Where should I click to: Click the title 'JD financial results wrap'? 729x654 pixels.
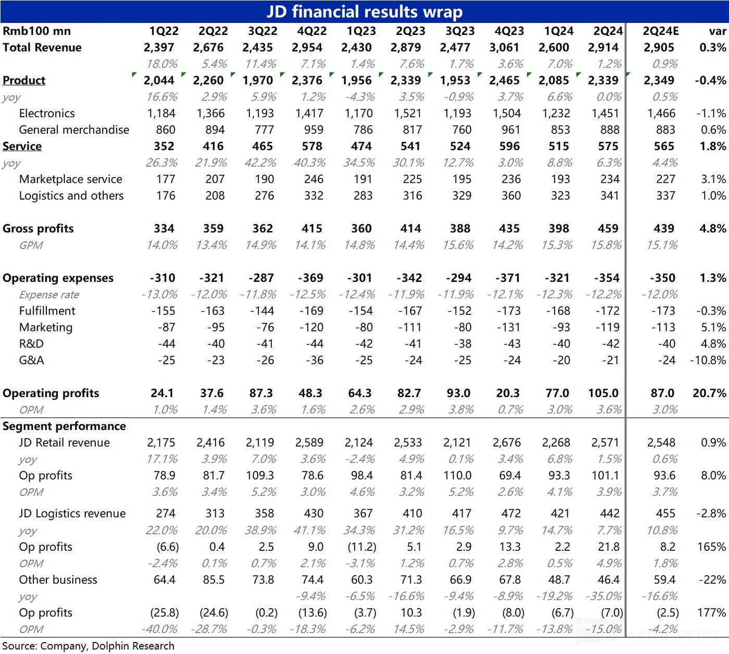point(364,11)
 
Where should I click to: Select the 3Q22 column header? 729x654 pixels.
point(262,31)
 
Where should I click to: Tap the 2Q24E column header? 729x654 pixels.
point(661,31)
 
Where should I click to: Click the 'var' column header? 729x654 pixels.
point(717,31)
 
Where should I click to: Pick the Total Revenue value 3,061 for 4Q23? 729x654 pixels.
point(504,47)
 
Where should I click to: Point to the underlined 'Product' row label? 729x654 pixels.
point(24,80)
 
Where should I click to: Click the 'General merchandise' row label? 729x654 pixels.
point(74,130)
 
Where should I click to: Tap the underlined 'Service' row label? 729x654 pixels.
point(22,146)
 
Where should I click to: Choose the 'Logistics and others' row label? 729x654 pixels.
point(71,196)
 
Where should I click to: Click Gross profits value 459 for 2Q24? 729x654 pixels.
point(608,229)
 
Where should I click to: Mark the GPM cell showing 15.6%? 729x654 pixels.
point(458,245)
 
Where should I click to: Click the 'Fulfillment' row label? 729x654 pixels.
point(47,311)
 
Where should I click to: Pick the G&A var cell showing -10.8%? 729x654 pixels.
point(708,361)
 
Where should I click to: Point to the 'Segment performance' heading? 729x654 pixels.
point(64,426)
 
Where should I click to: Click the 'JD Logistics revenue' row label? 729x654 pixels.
point(72,514)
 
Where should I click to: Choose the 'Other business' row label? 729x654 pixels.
point(58,580)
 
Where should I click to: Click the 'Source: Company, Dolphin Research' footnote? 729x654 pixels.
point(89,646)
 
